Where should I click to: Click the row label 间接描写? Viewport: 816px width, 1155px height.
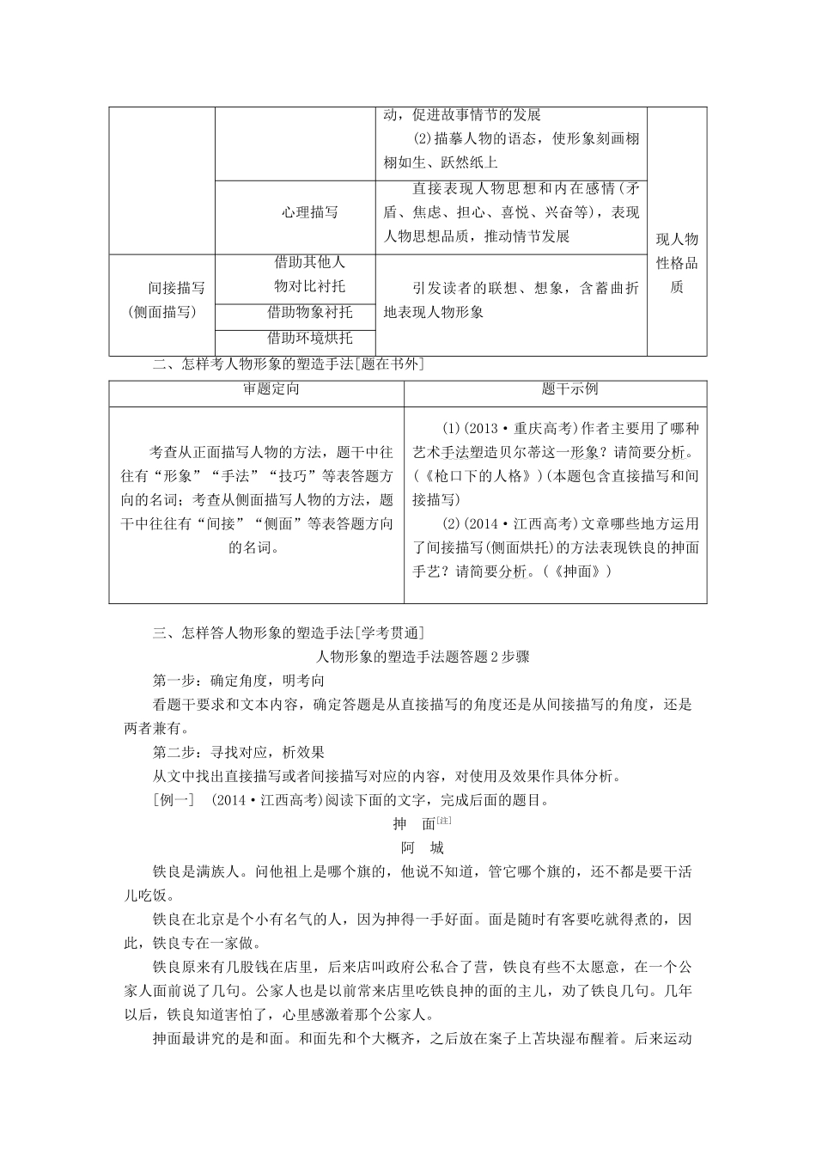(x=176, y=288)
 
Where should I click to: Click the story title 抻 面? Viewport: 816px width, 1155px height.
(x=414, y=824)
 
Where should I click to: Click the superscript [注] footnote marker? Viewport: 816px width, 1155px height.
(x=444, y=820)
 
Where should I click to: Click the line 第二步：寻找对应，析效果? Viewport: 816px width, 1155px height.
(x=239, y=752)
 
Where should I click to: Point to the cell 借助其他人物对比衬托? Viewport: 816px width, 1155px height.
(x=309, y=274)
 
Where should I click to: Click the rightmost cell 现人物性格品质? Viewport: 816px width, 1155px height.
(x=677, y=264)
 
